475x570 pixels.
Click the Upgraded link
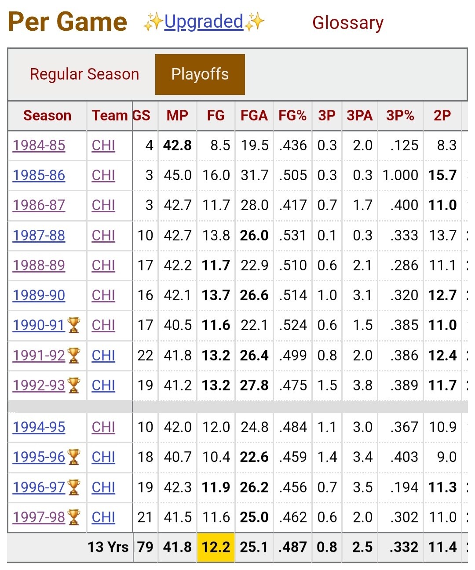tap(204, 22)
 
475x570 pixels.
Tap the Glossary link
tap(348, 23)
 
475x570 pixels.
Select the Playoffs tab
tap(200, 74)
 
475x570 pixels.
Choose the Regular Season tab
tap(84, 74)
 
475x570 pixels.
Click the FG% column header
tap(292, 116)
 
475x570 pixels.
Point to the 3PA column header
tap(359, 116)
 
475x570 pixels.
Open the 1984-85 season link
tap(39, 145)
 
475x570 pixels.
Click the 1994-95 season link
tap(39, 427)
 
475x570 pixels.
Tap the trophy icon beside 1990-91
tap(73, 325)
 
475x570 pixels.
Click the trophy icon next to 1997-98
tap(73, 517)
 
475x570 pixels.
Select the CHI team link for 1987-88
tap(103, 235)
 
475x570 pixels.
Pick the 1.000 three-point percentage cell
tap(400, 175)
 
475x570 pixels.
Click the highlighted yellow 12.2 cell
tap(216, 547)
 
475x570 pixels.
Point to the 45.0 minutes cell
tap(178, 175)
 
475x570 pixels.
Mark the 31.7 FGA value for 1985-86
tap(254, 175)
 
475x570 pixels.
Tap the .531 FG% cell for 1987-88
tap(292, 235)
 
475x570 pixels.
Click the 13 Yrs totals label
tap(108, 547)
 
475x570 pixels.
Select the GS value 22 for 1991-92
tap(145, 356)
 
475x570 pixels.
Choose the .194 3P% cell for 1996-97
tap(404, 487)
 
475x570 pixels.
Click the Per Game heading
tap(67, 22)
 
